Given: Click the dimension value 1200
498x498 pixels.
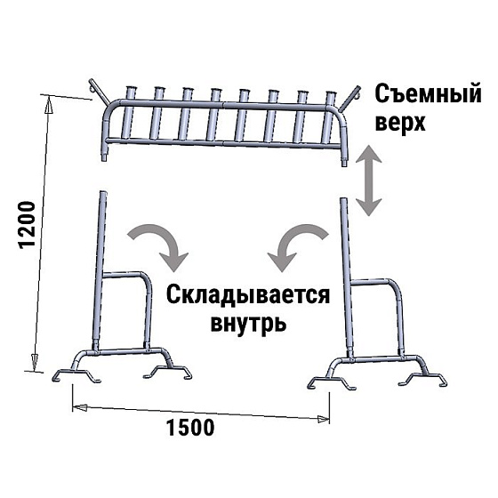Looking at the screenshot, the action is [x=27, y=225].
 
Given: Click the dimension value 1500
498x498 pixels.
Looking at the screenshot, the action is [x=190, y=428].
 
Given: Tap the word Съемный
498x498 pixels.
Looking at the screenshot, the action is [x=428, y=93].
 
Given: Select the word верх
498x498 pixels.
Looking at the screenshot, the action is [x=400, y=123].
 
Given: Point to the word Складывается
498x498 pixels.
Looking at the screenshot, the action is [x=248, y=295].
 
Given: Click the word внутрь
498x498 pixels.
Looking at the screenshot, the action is [x=249, y=324].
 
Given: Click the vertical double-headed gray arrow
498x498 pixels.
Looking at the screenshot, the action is [x=368, y=180].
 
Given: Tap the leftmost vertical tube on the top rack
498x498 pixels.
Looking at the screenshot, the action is [x=128, y=112].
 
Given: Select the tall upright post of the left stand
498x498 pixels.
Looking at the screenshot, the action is [x=99, y=269].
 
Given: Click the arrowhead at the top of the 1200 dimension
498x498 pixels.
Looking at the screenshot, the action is [x=49, y=105].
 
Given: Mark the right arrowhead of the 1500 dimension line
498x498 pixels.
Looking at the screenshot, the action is [x=324, y=420].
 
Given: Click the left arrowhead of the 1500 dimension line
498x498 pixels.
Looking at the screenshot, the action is [x=79, y=407].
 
